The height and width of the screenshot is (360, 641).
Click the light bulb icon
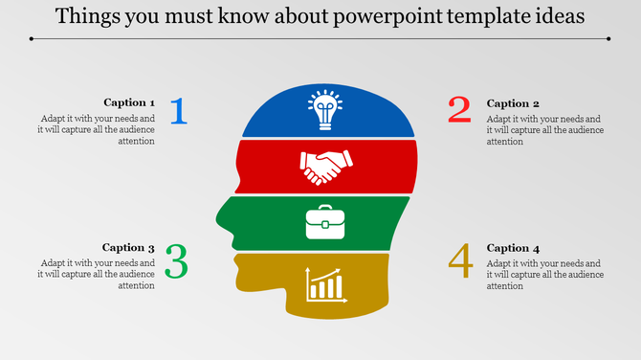[x=324, y=109]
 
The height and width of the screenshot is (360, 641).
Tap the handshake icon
[x=324, y=167]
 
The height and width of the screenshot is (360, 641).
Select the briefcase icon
[x=324, y=222]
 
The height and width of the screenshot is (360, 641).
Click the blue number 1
[x=179, y=111]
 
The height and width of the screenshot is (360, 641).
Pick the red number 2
[x=460, y=110]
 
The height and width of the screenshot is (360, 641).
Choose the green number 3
[x=176, y=261]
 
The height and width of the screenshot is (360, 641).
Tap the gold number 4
[x=460, y=261]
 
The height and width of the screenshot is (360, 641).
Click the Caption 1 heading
[x=129, y=102]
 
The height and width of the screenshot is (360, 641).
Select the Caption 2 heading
[x=514, y=102]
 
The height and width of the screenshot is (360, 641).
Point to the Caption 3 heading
[x=129, y=247]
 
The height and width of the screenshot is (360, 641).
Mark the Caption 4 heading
[x=514, y=247]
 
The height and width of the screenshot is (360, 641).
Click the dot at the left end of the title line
[x=31, y=39]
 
